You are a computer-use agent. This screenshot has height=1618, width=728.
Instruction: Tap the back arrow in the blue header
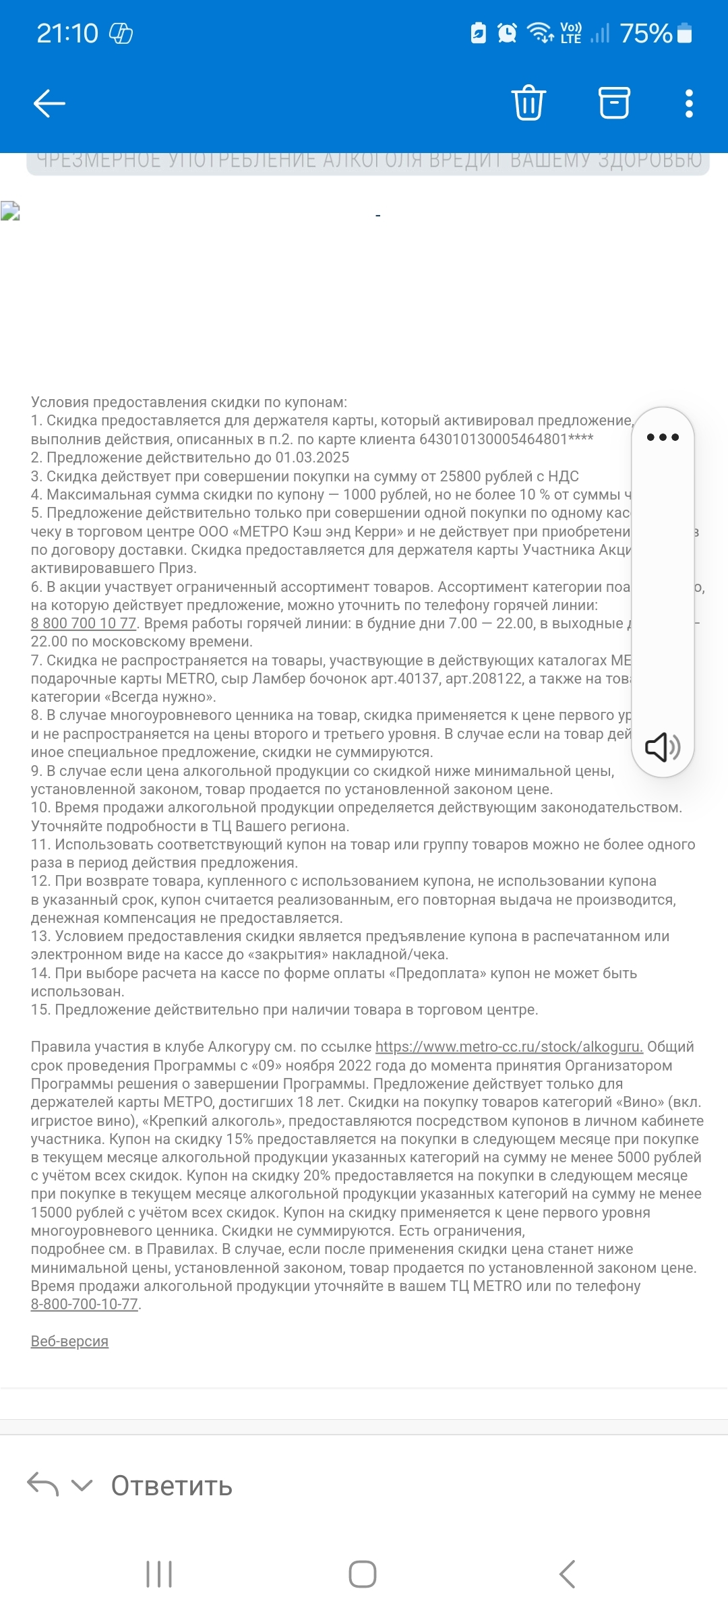(x=49, y=103)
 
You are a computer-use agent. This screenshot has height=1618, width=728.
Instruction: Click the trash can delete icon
(x=528, y=103)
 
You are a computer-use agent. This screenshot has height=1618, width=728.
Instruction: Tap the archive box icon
(x=614, y=103)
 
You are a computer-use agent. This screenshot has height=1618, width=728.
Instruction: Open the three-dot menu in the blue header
(x=689, y=103)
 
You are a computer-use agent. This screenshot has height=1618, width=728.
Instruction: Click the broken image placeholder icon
(x=10, y=211)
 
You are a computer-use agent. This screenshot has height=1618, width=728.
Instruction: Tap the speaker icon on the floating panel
(x=663, y=747)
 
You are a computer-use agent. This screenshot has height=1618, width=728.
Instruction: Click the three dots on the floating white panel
(x=663, y=438)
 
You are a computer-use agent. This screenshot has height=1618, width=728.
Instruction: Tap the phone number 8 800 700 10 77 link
(x=84, y=624)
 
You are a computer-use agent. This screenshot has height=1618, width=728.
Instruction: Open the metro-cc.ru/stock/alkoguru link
(x=509, y=1047)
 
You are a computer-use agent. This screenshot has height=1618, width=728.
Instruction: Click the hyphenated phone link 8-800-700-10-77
(x=84, y=1305)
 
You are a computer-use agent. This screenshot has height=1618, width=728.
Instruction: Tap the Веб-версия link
(x=69, y=1342)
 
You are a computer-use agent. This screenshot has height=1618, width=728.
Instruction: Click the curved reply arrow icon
(x=43, y=1485)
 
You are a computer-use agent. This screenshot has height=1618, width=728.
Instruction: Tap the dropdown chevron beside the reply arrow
(x=82, y=1485)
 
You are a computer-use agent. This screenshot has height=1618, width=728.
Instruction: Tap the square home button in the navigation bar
(x=363, y=1574)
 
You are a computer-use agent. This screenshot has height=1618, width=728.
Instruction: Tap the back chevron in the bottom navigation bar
(x=567, y=1574)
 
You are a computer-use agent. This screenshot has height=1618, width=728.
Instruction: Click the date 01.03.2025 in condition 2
(x=312, y=458)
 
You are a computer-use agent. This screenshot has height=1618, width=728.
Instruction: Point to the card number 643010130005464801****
(x=506, y=440)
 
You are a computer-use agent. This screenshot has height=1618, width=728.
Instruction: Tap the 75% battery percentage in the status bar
(x=646, y=33)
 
